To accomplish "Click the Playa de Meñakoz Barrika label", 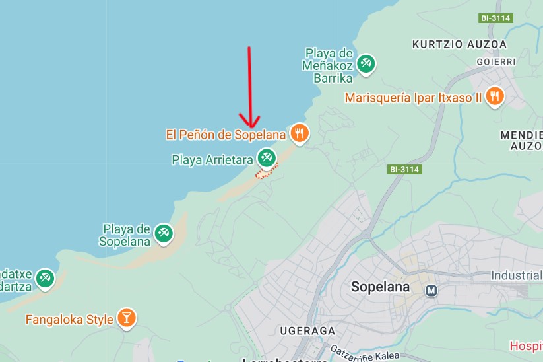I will tap(329, 64).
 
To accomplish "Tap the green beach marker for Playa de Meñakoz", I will tap(365, 63).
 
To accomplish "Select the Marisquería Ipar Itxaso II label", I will tap(414, 98).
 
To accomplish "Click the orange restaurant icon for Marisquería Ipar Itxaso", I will tap(494, 97).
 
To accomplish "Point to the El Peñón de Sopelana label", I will tap(226, 135).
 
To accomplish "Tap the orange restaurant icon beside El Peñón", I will tap(300, 133).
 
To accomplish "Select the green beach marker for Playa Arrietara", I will tap(266, 157).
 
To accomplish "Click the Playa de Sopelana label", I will tap(125, 235).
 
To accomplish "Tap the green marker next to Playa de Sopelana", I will tap(163, 233).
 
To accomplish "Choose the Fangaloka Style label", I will tap(69, 320).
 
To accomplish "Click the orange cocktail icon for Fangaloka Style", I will tap(126, 318).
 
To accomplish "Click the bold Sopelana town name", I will tap(380, 287).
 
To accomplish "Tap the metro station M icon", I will tap(432, 290).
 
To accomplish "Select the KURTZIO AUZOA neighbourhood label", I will tap(459, 44).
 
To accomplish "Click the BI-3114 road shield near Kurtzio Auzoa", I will tap(496, 18).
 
